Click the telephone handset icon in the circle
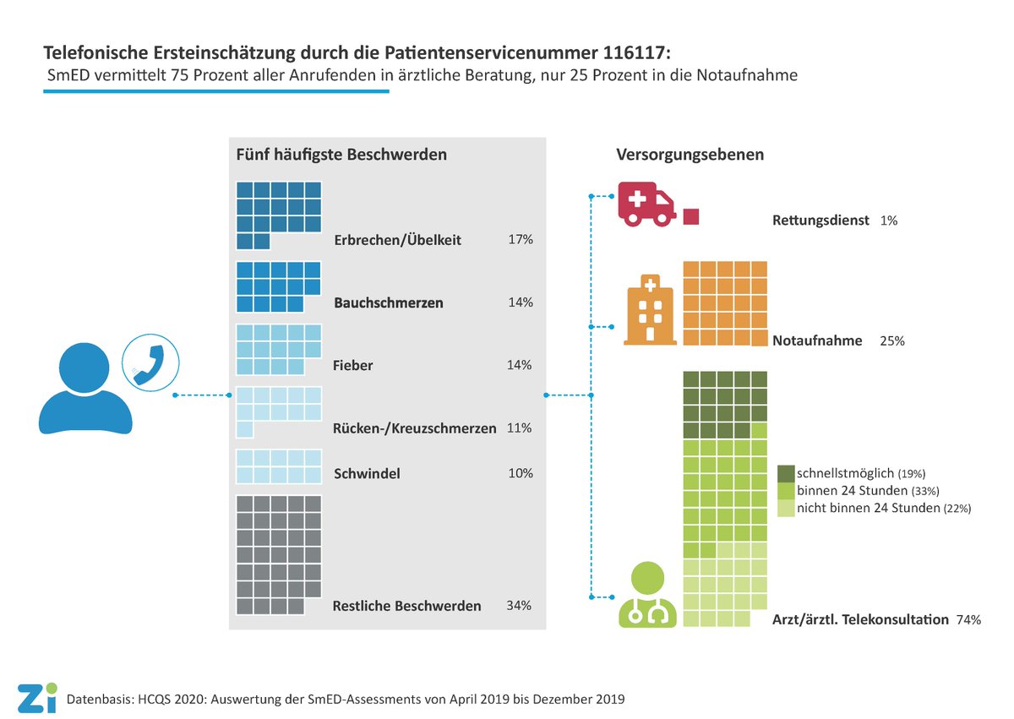[x=150, y=361]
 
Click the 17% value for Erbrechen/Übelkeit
[x=521, y=239]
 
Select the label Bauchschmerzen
[x=389, y=302]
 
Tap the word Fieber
[x=353, y=366]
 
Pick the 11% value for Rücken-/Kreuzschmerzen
[x=519, y=428]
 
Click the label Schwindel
[x=367, y=473]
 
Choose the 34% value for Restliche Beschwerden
[x=519, y=605]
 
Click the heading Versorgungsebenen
[x=690, y=155]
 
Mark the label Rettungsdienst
[x=820, y=221]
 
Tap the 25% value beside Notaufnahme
[x=891, y=340]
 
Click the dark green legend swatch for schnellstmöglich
[x=785, y=472]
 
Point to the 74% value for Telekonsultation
[x=968, y=619]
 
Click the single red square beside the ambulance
[x=691, y=216]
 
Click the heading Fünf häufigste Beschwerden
[x=341, y=155]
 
